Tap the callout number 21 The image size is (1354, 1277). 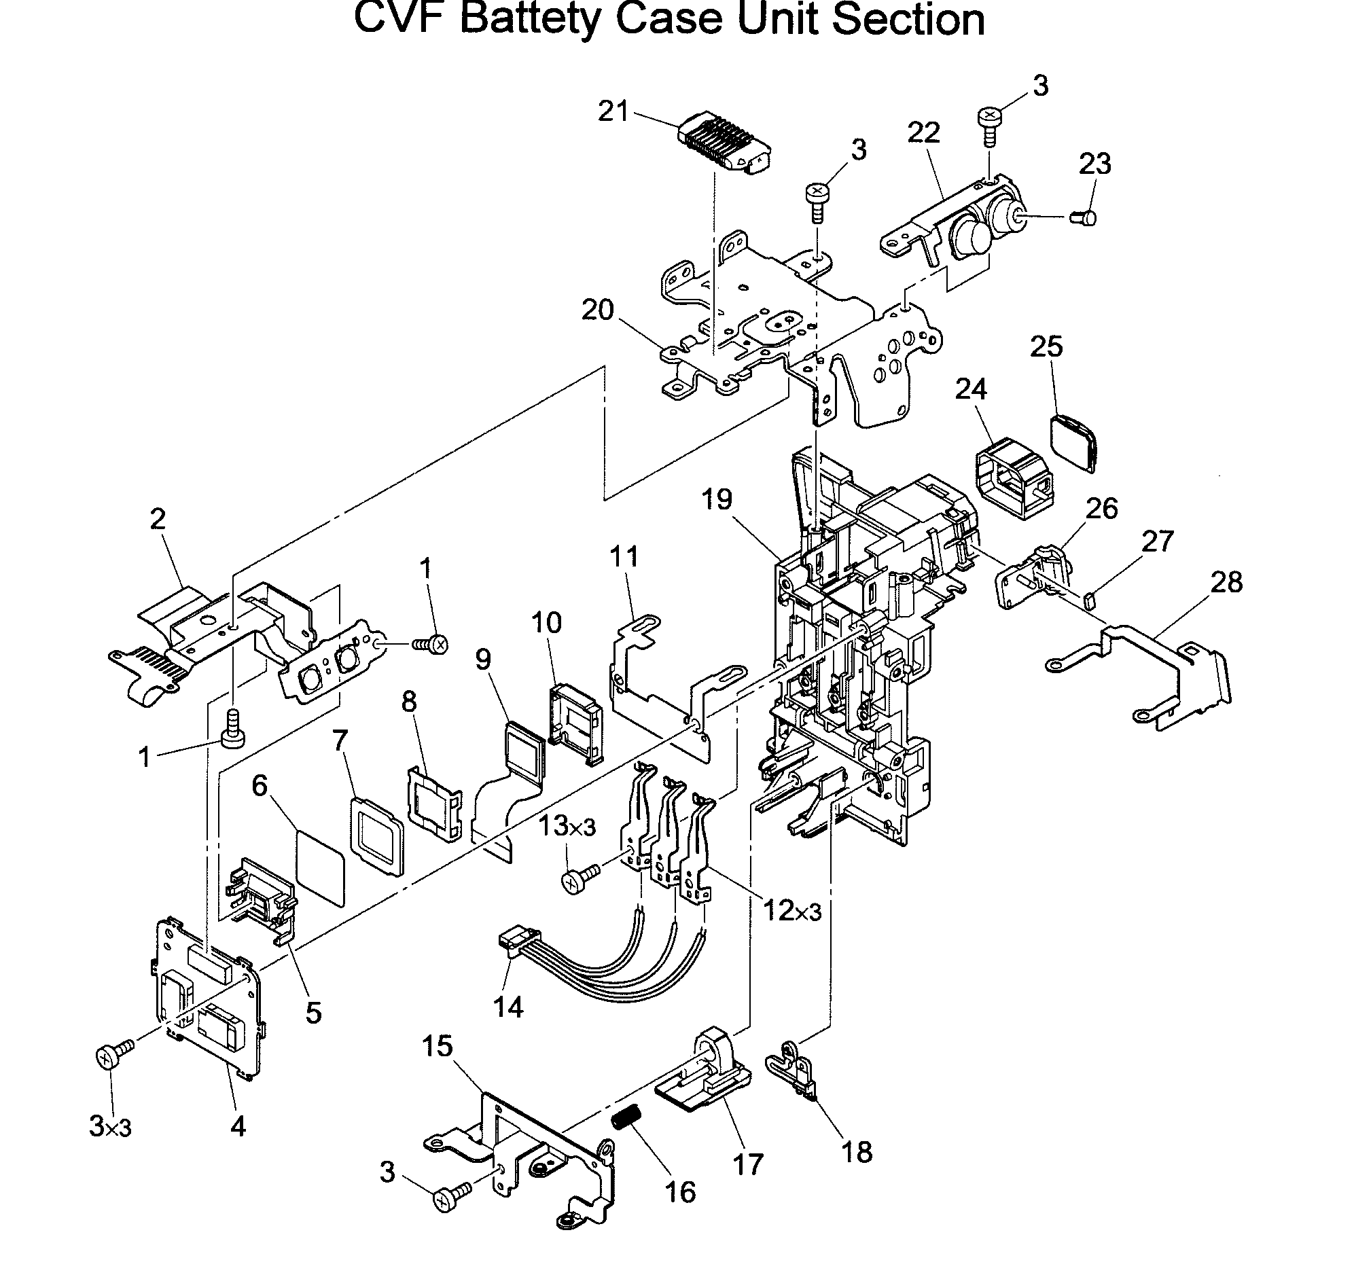[613, 111]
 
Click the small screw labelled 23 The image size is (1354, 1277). [1084, 218]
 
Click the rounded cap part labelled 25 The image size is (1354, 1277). [1074, 442]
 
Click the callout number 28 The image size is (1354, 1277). [1226, 582]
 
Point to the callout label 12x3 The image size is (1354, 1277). [792, 911]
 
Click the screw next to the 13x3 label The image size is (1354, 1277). [577, 878]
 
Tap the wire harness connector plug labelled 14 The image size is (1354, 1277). [515, 941]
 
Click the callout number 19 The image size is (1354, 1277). [717, 499]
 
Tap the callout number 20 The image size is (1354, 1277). [597, 310]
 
